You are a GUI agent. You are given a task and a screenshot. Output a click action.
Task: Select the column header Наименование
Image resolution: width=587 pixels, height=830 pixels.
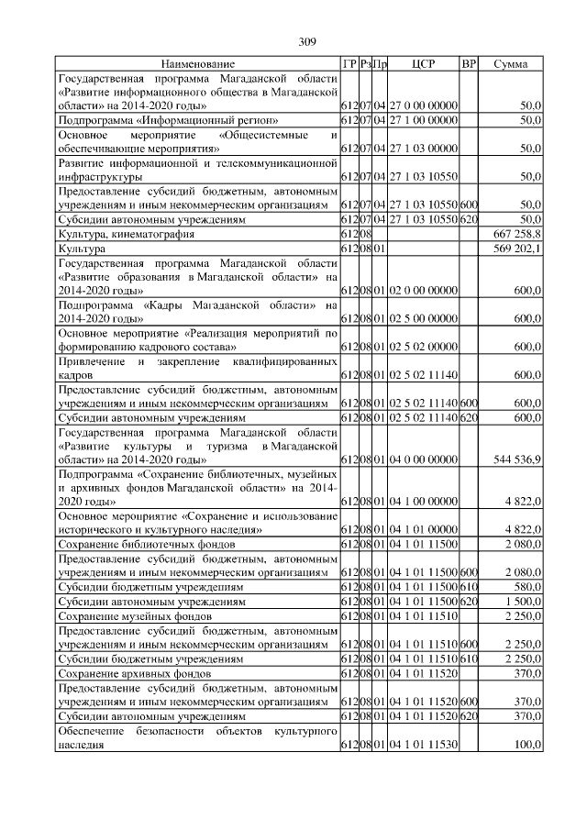(198, 64)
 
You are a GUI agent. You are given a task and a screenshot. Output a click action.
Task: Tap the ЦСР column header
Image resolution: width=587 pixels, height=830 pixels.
(423, 64)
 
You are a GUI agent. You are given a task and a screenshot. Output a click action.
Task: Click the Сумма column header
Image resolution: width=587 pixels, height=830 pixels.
(510, 64)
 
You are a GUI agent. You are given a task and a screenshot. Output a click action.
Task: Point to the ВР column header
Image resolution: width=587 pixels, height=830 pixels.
(469, 64)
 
